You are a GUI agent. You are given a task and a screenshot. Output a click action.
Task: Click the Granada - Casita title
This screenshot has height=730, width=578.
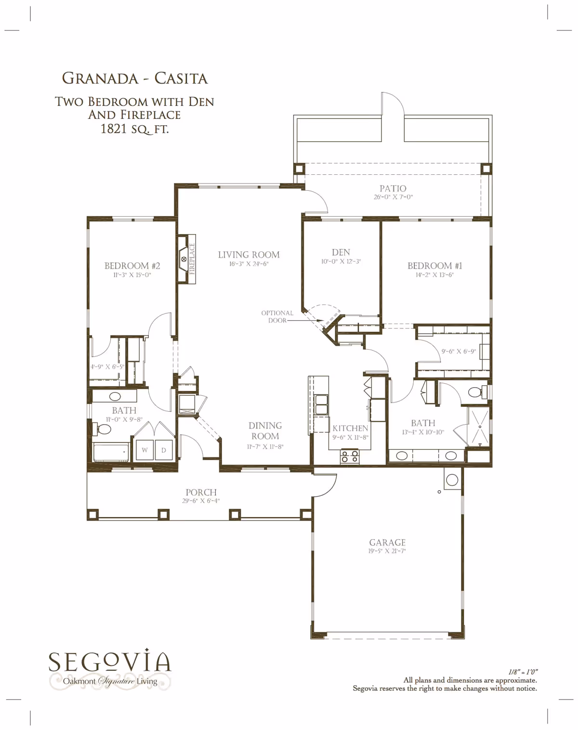(135, 78)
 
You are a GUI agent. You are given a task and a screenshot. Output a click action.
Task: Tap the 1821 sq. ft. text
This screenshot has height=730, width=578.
(134, 129)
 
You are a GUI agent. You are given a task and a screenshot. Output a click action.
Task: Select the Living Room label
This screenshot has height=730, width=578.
(249, 255)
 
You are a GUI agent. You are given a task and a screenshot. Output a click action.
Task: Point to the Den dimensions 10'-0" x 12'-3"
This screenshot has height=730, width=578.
(341, 261)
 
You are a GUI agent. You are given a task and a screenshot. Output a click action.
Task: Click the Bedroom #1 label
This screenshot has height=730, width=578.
(435, 266)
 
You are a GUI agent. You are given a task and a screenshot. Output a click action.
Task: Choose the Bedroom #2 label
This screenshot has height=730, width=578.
(132, 266)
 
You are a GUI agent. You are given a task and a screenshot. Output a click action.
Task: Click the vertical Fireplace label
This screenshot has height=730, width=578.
(192, 259)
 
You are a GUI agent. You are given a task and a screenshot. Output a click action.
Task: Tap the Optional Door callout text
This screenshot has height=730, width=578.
(277, 316)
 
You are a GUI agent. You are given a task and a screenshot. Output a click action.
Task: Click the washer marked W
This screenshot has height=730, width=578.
(145, 450)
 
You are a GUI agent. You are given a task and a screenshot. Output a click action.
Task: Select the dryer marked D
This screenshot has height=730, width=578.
(164, 450)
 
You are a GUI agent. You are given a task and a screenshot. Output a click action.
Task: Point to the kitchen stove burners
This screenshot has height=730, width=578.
(350, 456)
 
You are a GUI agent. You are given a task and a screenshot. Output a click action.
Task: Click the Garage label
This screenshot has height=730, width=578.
(387, 542)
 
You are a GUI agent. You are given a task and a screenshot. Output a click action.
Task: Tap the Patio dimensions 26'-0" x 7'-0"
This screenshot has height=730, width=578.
(393, 197)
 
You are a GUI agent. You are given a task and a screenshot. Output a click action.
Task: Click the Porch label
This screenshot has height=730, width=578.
(201, 492)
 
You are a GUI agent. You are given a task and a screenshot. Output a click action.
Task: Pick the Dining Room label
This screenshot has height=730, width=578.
(265, 431)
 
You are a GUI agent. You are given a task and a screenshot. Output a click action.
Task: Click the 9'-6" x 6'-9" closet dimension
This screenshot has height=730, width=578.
(459, 352)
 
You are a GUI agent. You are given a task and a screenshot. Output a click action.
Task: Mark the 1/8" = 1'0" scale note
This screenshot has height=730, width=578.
(523, 672)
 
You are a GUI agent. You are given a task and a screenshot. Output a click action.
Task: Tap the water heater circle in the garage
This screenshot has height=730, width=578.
(452, 480)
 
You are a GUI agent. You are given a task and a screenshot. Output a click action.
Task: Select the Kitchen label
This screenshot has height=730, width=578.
(350, 429)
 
